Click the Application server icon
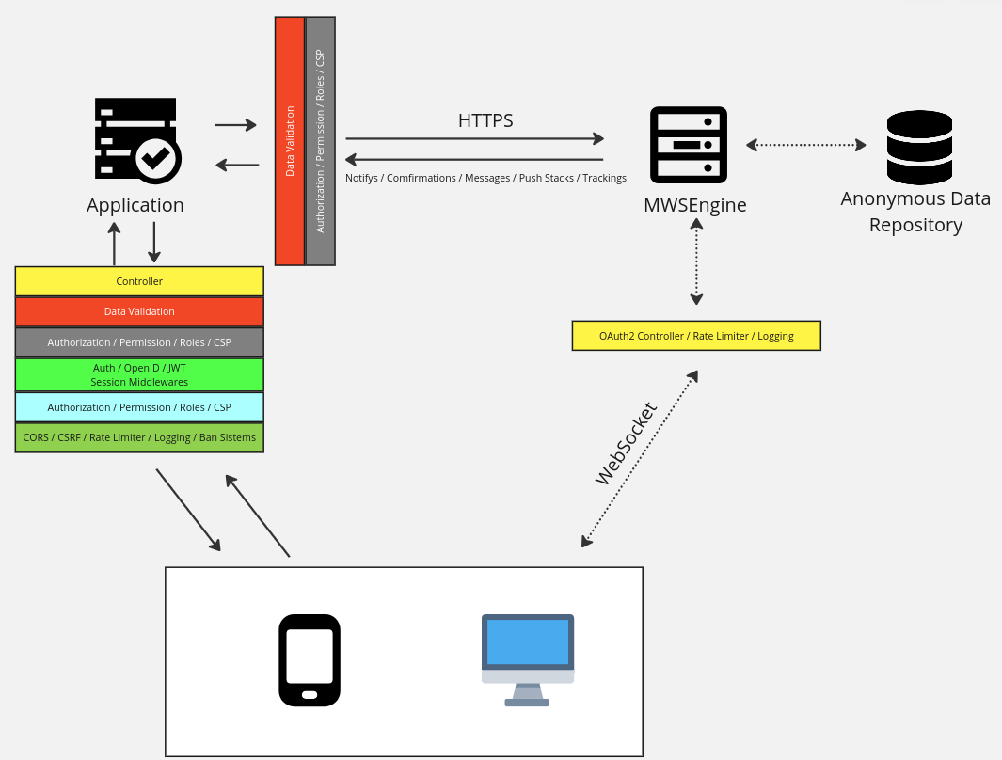point(136,139)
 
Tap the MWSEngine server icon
point(689,145)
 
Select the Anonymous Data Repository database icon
point(919,147)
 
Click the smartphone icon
point(310,659)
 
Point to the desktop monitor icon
point(528,659)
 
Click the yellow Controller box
point(139,281)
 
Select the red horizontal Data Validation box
point(139,311)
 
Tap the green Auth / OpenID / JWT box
point(139,375)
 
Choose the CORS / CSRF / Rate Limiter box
point(139,437)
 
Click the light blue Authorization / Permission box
point(139,407)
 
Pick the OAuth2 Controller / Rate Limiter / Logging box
point(696,336)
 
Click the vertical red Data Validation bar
point(290,141)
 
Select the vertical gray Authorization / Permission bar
point(320,141)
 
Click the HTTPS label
point(485,120)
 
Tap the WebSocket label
point(626,444)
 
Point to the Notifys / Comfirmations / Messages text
point(485,178)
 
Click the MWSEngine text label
point(695,205)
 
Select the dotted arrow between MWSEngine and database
point(806,145)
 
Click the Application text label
point(135,205)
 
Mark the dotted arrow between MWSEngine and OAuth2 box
point(696,262)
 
